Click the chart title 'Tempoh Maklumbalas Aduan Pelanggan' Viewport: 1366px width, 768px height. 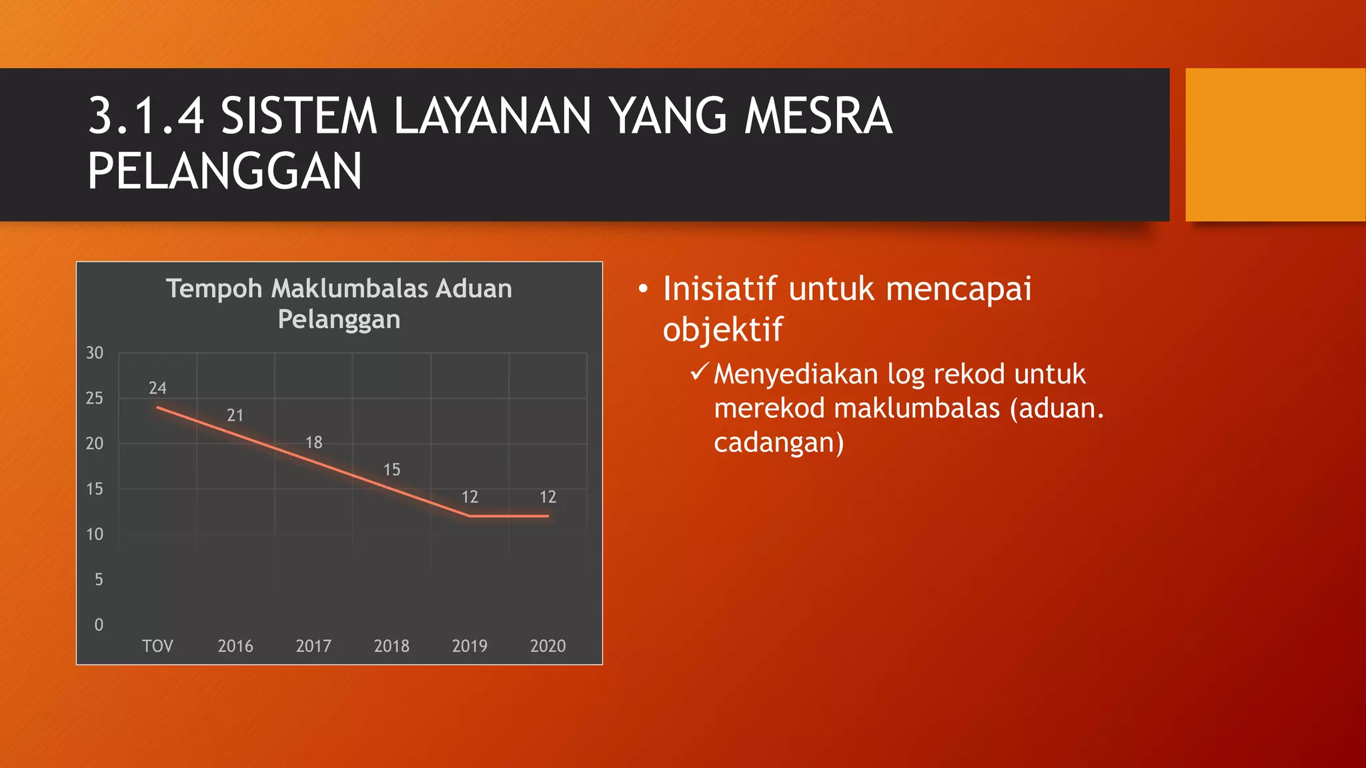[339, 304]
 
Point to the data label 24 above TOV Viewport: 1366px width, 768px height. [157, 388]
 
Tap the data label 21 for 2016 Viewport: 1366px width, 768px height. [235, 415]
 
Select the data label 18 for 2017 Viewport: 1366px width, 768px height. [313, 443]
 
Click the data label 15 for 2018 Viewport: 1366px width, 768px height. [392, 470]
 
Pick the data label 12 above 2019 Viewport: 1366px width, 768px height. [470, 497]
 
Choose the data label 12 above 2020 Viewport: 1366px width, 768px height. [548, 497]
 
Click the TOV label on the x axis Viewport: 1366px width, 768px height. [157, 646]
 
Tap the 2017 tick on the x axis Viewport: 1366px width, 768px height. [313, 646]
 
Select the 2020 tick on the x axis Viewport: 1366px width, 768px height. [548, 646]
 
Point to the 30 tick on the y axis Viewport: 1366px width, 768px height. [95, 353]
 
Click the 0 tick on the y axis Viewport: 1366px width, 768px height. [99, 625]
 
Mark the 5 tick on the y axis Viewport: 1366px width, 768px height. [99, 580]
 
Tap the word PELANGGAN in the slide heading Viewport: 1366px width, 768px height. [225, 171]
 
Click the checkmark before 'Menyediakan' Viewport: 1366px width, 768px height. [699, 371]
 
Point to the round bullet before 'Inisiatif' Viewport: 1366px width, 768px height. [643, 289]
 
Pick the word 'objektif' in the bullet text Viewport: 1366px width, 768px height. [722, 330]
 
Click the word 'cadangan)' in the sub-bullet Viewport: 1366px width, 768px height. [778, 443]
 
